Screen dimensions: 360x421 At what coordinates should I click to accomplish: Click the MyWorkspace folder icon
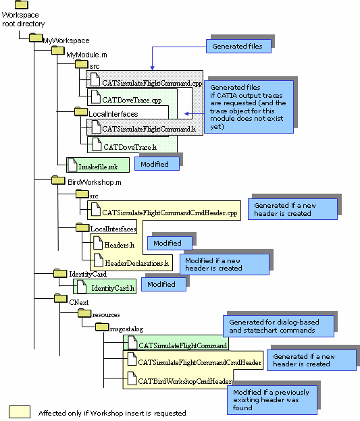(36, 37)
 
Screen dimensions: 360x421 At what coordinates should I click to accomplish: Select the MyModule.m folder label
(86, 55)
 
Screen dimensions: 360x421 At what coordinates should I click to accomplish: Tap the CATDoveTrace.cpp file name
(132, 100)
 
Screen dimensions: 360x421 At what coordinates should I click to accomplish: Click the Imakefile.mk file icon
(72, 165)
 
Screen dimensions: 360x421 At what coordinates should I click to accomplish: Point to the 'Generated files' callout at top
(238, 46)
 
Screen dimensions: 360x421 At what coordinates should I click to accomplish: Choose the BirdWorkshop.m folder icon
(58, 180)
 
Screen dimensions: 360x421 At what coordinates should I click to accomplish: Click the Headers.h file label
(120, 245)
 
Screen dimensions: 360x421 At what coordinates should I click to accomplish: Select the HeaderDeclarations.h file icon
(99, 260)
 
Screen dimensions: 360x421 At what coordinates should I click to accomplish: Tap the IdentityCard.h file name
(113, 288)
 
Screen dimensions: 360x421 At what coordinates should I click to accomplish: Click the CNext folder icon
(61, 298)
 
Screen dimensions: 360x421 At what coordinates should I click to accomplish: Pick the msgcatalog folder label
(126, 329)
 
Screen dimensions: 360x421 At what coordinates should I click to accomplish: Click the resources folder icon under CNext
(84, 313)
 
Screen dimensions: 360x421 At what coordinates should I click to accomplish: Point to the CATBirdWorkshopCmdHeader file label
(184, 381)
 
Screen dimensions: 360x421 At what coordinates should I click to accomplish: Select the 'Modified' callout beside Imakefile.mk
(157, 163)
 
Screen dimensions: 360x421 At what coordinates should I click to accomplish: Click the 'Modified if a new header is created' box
(224, 264)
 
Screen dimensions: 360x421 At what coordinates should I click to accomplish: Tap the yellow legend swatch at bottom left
(20, 412)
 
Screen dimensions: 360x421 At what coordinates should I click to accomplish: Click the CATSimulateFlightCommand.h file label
(149, 129)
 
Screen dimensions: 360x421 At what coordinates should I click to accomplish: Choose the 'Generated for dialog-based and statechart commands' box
(278, 327)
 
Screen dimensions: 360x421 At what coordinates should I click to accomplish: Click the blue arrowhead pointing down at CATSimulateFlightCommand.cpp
(152, 67)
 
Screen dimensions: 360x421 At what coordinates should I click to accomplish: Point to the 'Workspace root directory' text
(23, 20)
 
